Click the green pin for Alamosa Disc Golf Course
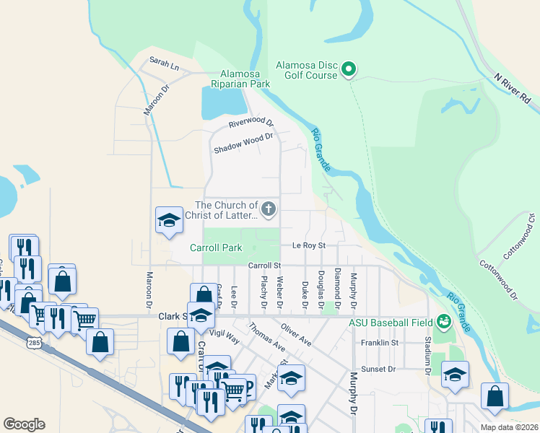[349, 69]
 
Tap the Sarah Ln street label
[164, 64]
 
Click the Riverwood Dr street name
[251, 123]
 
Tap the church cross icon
[269, 210]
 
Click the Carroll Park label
[216, 248]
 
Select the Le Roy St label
[309, 245]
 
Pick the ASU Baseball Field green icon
[443, 322]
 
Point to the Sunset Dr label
[382, 369]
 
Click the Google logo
[24, 424]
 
